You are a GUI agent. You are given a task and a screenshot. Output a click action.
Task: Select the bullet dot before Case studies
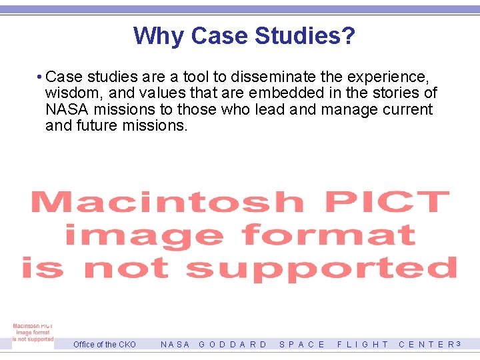[x=41, y=77]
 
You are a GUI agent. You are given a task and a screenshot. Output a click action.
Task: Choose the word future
[x=98, y=125]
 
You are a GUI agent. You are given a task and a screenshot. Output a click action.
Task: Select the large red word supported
[x=321, y=268]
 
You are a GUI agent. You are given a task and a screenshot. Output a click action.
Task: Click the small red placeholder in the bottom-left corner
[x=32, y=333]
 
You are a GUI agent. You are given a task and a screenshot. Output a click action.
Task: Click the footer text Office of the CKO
[x=104, y=345]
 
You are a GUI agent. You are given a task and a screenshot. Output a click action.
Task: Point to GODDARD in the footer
[x=233, y=345]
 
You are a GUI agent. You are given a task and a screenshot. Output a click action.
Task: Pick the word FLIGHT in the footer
[x=363, y=345]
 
